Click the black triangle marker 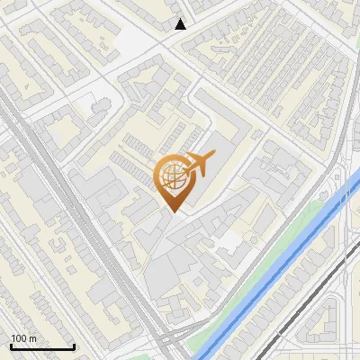(x=181, y=24)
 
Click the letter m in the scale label (x=32, y=338)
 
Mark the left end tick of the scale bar (x=10, y=346)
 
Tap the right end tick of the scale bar (x=75, y=346)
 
